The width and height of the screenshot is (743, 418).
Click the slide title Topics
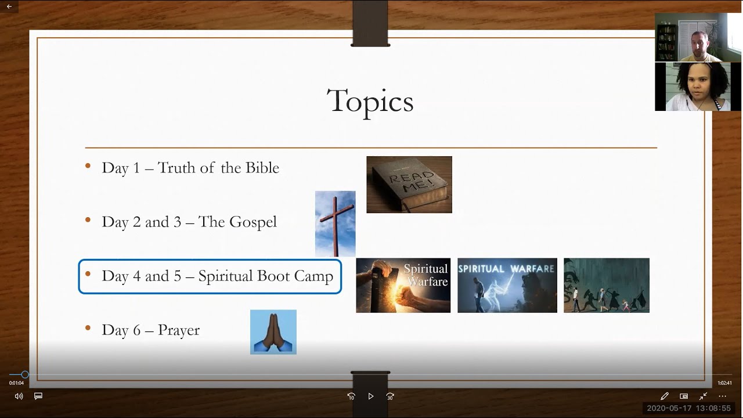(370, 101)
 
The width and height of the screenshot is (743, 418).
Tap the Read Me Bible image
(409, 185)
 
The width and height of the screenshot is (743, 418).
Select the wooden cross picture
(335, 224)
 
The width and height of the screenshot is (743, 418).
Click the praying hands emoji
(273, 332)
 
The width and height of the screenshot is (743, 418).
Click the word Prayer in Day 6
(178, 330)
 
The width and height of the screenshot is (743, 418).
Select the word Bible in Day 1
(262, 168)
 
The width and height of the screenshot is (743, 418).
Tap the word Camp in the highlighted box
(313, 276)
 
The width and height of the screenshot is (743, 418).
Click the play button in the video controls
(370, 397)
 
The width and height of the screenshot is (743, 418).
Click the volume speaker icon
(19, 397)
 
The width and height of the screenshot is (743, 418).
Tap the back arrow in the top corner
(9, 6)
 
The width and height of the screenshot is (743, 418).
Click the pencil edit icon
(665, 397)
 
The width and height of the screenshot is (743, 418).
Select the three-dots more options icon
(722, 397)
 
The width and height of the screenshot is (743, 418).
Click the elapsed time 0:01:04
(16, 383)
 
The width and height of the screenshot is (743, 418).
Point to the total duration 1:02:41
(724, 383)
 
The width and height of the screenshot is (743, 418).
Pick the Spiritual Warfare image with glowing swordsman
(507, 286)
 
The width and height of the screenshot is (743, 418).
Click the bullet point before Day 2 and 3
(88, 220)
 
